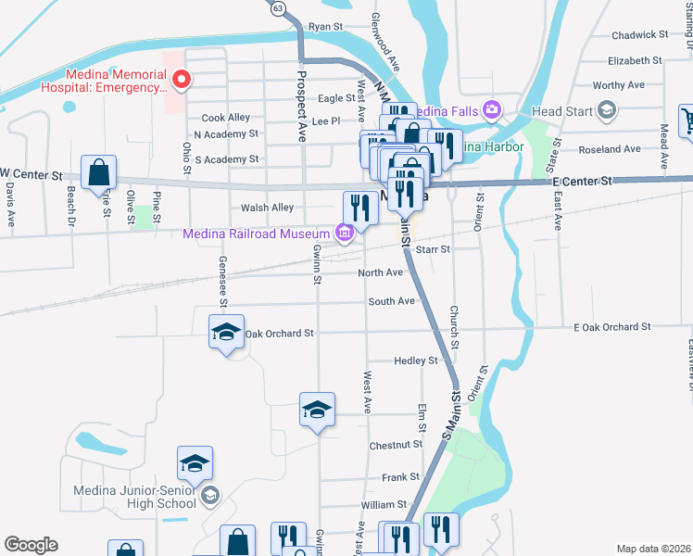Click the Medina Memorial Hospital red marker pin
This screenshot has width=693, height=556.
pos(182,80)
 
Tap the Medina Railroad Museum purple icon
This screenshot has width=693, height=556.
pos(344,233)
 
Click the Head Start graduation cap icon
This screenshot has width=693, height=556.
pos(607,112)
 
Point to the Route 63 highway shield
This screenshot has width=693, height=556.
pos(278,7)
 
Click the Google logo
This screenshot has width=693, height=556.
pos(31,545)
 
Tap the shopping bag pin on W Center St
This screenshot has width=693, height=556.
pos(98,173)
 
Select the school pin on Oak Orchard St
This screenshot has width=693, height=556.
pos(225,334)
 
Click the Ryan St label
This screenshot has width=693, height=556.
pos(325,27)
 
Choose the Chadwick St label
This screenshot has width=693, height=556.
pos(640,35)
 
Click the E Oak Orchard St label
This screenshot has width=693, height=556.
pos(612,327)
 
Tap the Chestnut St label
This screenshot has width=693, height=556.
pos(396,446)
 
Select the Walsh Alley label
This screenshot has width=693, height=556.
pos(267,208)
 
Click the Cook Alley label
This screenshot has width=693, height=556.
pos(226,118)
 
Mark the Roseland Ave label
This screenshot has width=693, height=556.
pos(608,149)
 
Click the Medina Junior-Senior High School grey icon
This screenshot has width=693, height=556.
pos(210,496)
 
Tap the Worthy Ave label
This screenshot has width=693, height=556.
pos(618,85)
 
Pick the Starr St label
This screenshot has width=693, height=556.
pos(433,249)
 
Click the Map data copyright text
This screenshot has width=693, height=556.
pos(652,549)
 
